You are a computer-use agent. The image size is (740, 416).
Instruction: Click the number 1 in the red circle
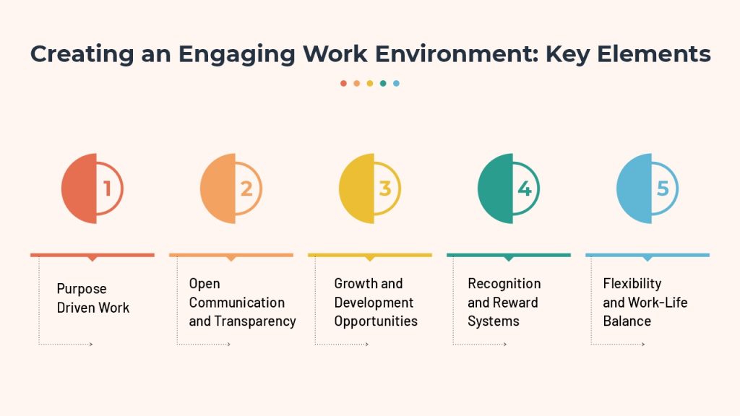[107, 188]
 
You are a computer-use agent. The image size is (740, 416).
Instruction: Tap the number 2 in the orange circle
[246, 188]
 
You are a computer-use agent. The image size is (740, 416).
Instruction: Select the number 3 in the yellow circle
[385, 188]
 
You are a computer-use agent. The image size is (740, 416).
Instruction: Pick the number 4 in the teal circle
[525, 188]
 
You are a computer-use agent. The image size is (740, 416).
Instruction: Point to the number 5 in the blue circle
[663, 188]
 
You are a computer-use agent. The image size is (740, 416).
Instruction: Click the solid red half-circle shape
[79, 188]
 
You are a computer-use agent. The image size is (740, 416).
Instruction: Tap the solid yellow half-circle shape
[357, 188]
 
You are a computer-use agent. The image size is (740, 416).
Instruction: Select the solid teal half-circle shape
[496, 188]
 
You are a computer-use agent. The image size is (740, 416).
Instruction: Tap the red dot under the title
[343, 84]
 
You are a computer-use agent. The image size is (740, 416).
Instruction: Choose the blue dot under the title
[397, 84]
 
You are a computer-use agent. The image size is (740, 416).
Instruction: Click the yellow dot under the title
[370, 84]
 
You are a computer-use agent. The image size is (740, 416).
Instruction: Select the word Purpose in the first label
[82, 289]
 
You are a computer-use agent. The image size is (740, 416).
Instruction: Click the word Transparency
[255, 321]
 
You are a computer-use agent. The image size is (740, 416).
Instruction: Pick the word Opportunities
[376, 321]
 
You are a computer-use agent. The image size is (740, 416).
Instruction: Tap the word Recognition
[504, 283]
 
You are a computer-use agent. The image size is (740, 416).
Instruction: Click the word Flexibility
[632, 283]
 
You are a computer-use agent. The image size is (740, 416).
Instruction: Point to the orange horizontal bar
[231, 255]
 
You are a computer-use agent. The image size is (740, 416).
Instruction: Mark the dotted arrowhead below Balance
[642, 344]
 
